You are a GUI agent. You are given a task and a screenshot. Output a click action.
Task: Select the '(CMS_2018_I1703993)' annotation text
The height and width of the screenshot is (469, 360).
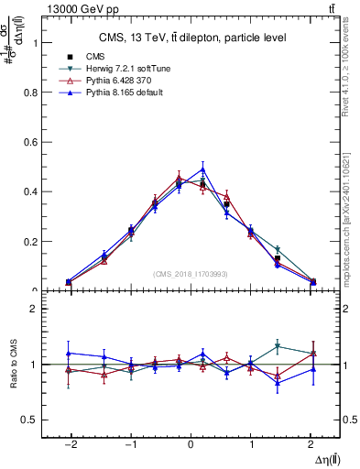pos(191,274)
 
